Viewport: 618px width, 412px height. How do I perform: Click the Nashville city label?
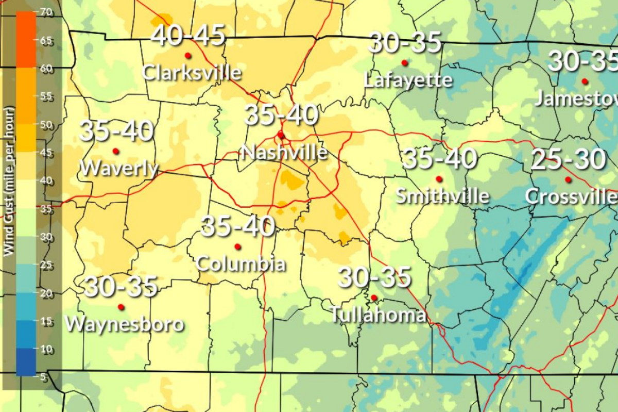284,152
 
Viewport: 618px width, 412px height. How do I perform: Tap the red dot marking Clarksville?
187,55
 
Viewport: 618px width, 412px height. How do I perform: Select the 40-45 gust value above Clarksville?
188,36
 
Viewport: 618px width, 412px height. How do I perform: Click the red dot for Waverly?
116,151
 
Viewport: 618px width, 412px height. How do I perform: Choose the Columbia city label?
241,264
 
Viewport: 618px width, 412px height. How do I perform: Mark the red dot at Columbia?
237,246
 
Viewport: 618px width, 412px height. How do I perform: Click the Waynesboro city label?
125,324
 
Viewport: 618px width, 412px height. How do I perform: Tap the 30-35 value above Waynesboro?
121,287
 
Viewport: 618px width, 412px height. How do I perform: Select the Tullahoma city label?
378,315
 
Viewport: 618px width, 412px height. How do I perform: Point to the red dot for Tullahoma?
374,298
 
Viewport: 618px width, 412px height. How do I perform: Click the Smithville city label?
442,196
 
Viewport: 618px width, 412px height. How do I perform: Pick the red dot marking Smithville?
439,179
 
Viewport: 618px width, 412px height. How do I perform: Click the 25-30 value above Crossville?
568,160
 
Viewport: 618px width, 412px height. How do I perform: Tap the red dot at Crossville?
568,179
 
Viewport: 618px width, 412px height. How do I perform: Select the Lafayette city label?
408,80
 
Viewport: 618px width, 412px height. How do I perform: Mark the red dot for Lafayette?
404,62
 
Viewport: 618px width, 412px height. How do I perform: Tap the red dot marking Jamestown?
585,81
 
